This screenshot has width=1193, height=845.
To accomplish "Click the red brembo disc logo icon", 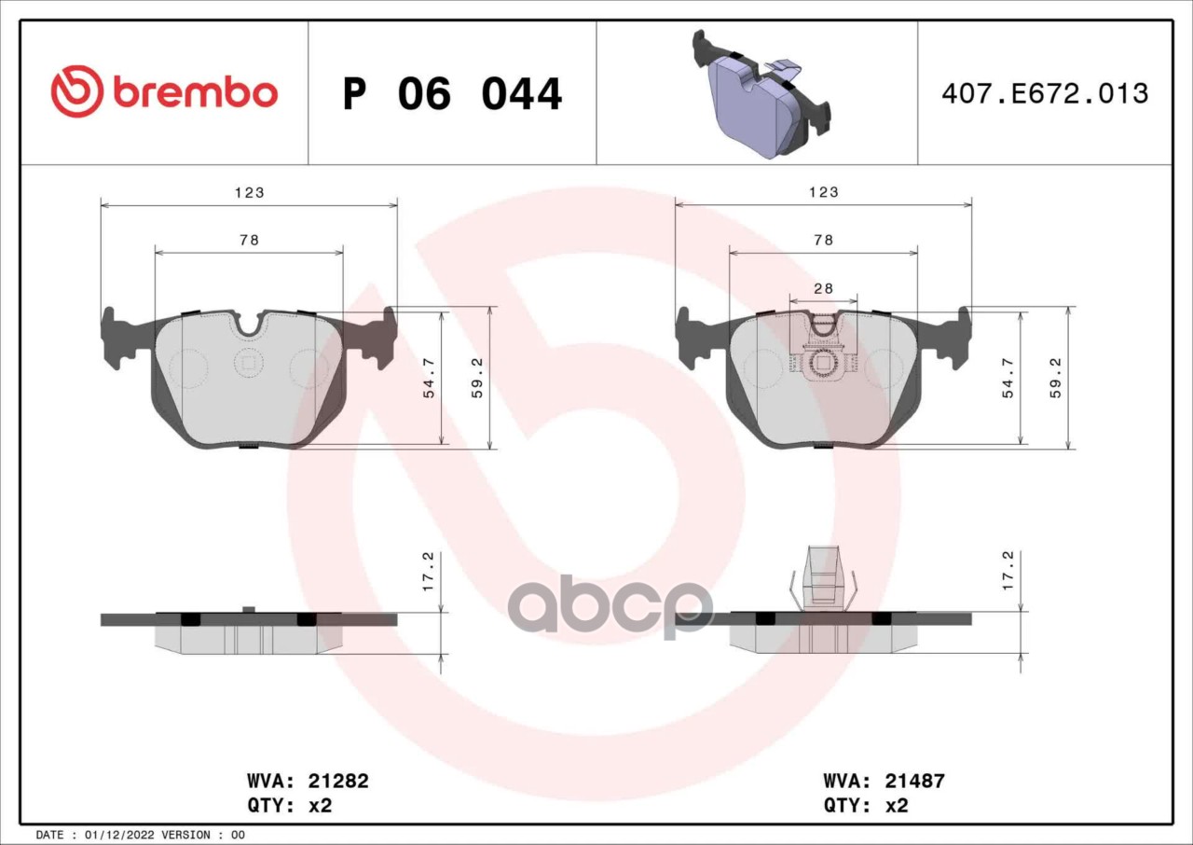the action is [76, 91].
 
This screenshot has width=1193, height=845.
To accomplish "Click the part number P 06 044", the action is [452, 94].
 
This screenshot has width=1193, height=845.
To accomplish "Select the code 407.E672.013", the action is [1045, 94].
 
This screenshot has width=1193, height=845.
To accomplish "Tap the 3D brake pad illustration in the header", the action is [761, 94].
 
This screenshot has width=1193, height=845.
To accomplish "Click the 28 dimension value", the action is [823, 288].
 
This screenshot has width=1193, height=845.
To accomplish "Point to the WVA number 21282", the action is [338, 782].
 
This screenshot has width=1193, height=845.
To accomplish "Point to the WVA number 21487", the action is [914, 782].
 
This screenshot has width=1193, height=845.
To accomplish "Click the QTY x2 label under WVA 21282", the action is [289, 806].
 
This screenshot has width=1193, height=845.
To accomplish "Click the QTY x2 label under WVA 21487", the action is [866, 806].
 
